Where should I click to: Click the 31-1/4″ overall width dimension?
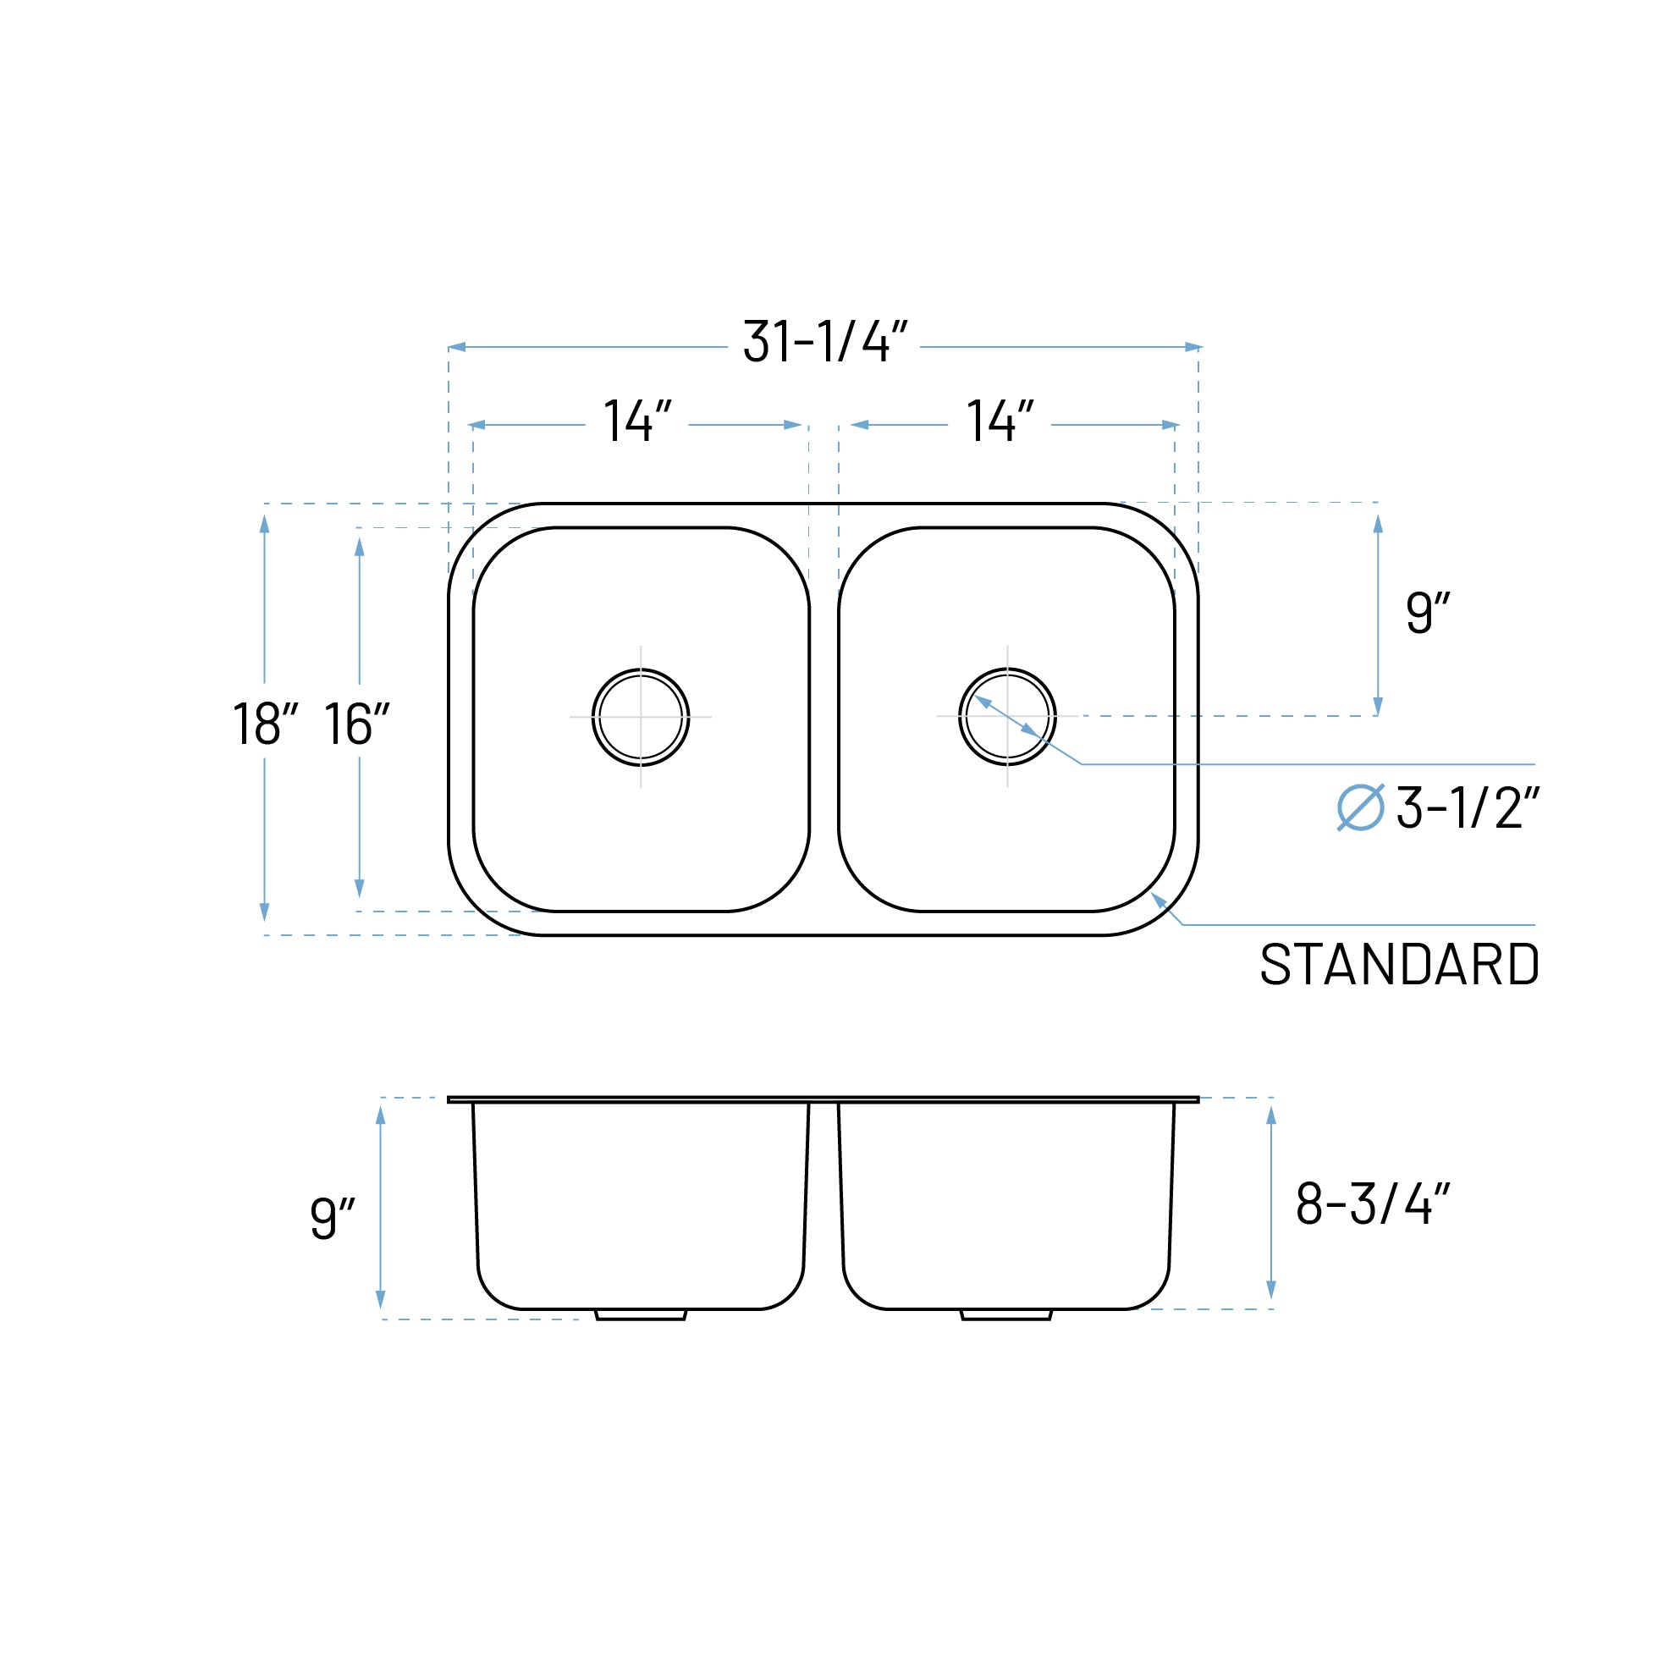coord(824,341)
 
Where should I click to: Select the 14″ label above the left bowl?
coord(637,421)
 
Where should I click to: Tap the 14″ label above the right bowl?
coord(1000,421)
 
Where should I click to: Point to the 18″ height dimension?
coord(265,724)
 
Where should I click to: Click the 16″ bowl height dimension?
coord(356,724)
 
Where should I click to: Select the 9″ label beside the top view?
coord(1427,612)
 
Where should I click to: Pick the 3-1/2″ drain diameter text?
coord(1468,807)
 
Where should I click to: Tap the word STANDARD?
coord(1399,964)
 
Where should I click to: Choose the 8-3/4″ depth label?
coord(1372,1204)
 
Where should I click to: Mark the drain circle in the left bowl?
coord(641,718)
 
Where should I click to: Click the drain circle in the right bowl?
coord(1007,718)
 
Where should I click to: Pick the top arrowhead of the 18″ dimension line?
coord(264,524)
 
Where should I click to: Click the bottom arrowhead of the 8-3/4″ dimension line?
coord(1271,1290)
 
